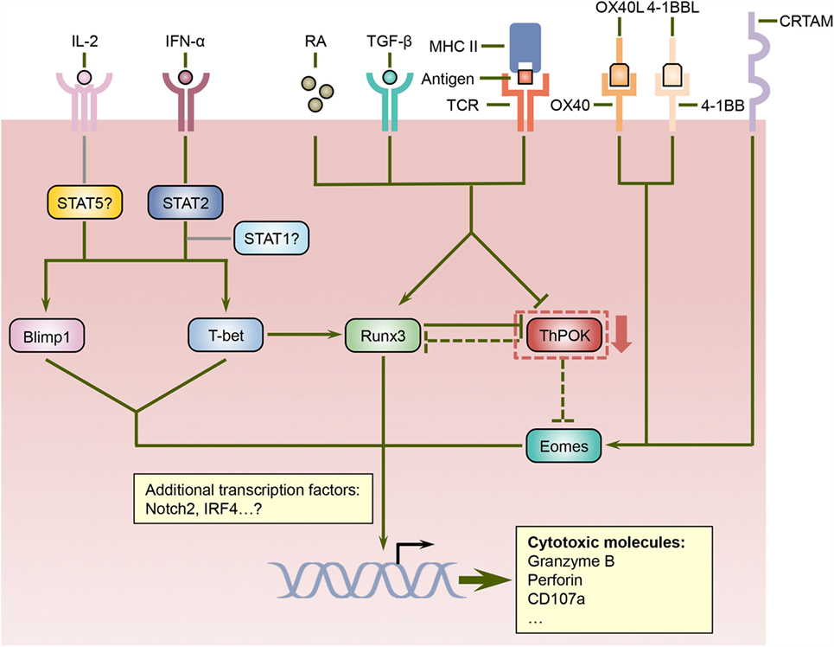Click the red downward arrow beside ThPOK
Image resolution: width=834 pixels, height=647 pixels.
(x=622, y=336)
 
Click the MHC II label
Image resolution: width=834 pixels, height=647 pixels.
(x=456, y=44)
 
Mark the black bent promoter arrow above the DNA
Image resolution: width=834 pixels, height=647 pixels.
(x=409, y=548)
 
